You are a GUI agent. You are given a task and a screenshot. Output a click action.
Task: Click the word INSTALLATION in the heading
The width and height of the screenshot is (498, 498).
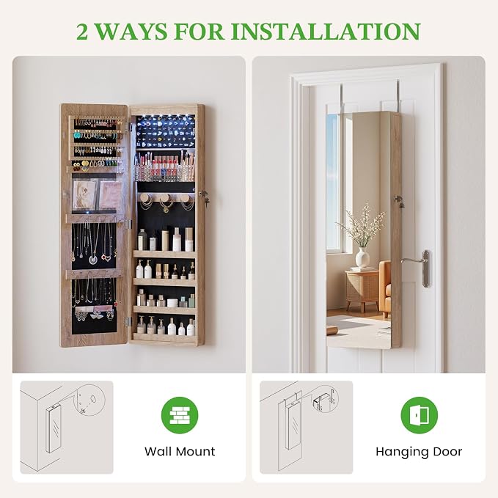click(x=326, y=32)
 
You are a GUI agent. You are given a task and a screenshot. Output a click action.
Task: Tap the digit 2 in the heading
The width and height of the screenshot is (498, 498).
click(x=82, y=32)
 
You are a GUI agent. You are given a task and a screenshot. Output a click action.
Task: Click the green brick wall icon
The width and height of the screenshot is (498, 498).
click(x=180, y=415)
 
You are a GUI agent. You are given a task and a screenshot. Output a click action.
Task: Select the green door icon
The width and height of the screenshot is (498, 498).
click(x=420, y=415)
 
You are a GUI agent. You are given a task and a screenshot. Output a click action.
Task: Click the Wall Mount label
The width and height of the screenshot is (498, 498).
click(x=180, y=451)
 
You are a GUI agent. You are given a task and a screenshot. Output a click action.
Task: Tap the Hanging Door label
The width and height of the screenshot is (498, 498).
click(x=419, y=452)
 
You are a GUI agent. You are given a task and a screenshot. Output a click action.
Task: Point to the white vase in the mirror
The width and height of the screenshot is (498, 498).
click(x=362, y=257)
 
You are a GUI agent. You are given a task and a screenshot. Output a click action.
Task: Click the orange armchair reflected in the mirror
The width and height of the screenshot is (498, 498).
click(x=385, y=288)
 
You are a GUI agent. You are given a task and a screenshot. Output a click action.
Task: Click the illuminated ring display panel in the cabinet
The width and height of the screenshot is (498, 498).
click(x=166, y=132)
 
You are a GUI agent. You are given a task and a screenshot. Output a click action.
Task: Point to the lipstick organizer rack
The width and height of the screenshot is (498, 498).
click(x=164, y=166)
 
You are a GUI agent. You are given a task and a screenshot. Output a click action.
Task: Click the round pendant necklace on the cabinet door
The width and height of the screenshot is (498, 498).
click(x=92, y=260)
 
